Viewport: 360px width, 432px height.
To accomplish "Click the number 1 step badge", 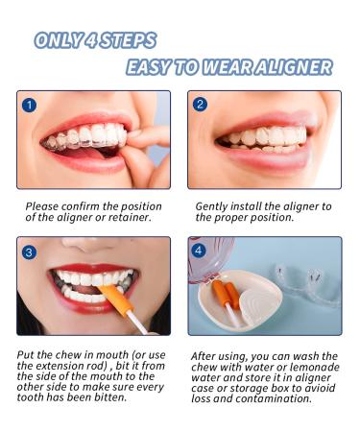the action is [29, 105].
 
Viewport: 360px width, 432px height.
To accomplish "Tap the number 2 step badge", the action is [200, 105].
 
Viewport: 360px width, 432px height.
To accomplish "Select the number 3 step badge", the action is [29, 252].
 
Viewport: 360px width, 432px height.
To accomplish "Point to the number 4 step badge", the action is [199, 250].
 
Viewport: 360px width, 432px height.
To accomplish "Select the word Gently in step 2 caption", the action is [211, 207].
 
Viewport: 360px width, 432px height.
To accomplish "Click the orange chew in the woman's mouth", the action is [116, 299].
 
